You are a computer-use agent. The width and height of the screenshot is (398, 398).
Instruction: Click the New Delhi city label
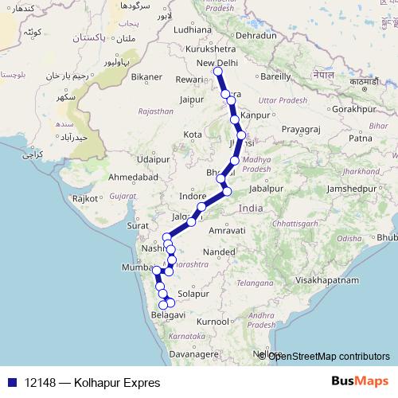coord(217,63)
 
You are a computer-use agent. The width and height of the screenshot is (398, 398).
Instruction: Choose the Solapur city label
coord(194,294)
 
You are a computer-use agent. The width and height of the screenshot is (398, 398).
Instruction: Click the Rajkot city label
coord(85,198)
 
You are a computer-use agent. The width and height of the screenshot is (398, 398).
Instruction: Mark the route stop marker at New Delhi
coord(217,73)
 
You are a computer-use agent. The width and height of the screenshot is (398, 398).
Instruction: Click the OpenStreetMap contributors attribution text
coord(329,356)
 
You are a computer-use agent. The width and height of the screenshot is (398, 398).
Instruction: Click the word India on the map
coord(250,208)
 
